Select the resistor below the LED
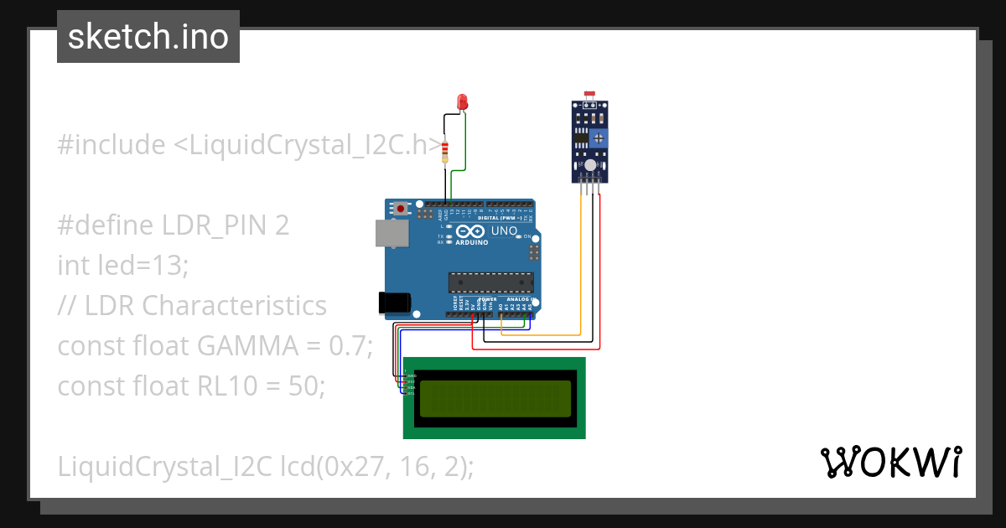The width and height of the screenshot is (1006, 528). (x=445, y=152)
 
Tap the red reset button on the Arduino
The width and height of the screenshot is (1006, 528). (x=402, y=208)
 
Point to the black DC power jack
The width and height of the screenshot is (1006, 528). (x=394, y=303)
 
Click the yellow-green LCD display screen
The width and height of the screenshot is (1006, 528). (x=494, y=398)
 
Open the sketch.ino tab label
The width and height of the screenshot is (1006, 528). (x=148, y=37)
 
